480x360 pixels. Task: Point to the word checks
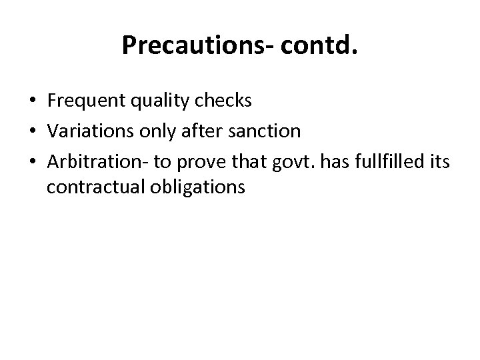(223, 101)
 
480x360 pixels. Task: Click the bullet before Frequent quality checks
(33, 101)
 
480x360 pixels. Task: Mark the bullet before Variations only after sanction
(33, 131)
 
